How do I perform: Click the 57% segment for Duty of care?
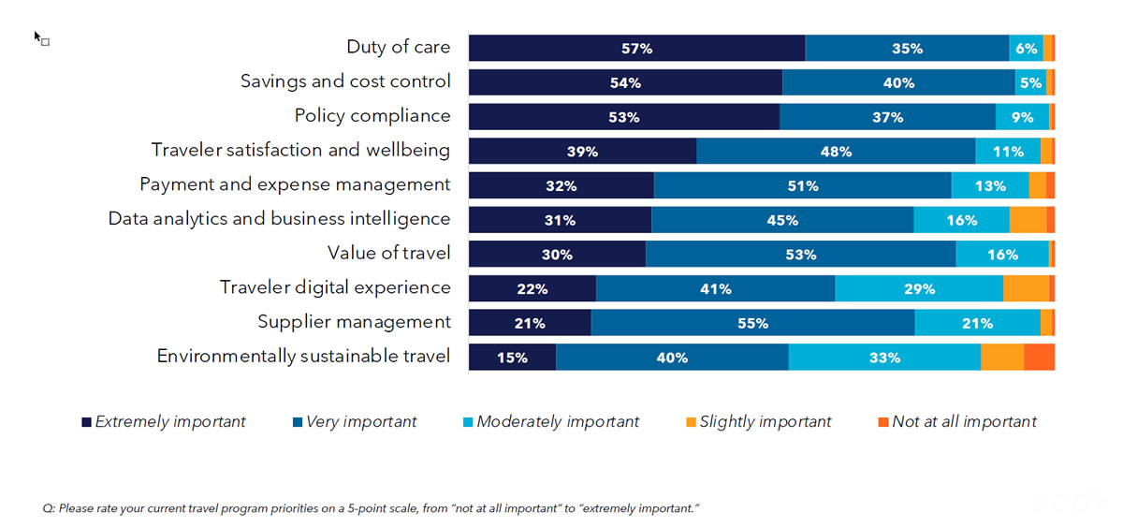pos(636,49)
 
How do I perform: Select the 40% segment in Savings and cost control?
pos(898,82)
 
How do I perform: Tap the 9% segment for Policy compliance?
pos(1022,117)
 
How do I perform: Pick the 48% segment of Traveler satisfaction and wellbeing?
pos(836,152)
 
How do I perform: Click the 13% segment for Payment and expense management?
pos(990,185)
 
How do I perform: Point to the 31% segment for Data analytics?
pos(560,220)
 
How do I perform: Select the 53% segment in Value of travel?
pos(800,254)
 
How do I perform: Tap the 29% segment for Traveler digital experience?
pos(919,288)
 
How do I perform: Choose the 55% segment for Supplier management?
pos(752,323)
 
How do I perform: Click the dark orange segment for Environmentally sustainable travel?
pos(1039,358)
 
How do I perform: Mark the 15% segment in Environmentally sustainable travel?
pos(512,358)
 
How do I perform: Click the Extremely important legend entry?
pos(164,422)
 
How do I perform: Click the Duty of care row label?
pos(398,47)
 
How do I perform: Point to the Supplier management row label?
pos(354,322)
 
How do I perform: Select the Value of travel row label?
pos(388,253)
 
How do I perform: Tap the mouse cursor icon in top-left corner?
pos(39,38)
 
